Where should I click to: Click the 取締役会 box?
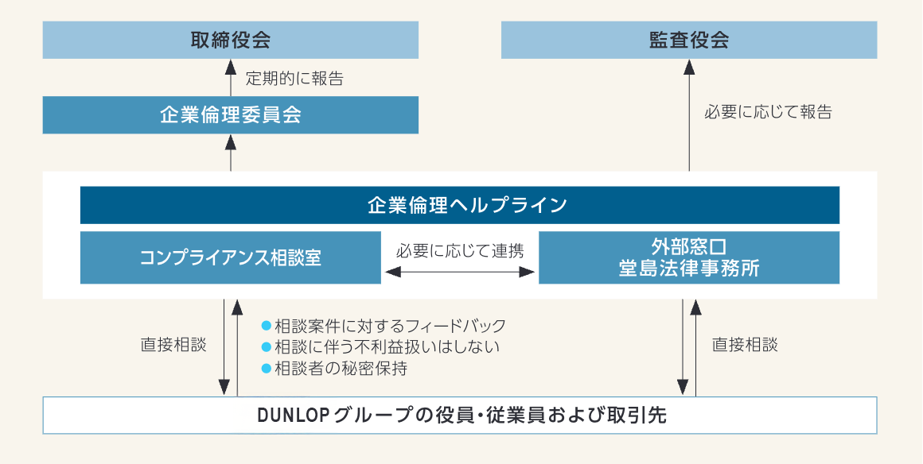point(231,40)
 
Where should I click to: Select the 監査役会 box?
point(689,40)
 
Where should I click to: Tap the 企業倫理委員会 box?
point(231,115)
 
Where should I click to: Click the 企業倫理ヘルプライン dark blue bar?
point(460,205)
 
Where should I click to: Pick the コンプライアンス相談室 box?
point(231,257)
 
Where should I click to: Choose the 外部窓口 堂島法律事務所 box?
point(689,257)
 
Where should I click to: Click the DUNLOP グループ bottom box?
point(460,415)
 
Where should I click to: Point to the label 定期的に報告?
point(294,79)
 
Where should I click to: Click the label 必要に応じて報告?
point(768,112)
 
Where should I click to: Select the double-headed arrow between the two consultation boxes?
point(460,273)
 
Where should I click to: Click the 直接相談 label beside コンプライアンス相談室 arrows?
point(173,346)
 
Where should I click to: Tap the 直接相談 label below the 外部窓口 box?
point(745,346)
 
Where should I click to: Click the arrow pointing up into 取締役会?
point(231,77)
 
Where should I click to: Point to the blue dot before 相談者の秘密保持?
point(267,368)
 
